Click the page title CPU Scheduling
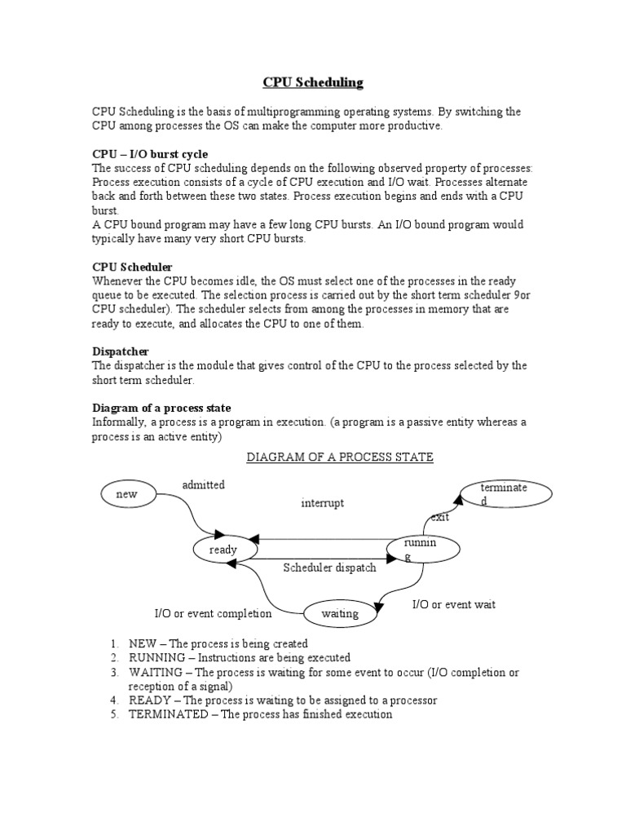click(312, 82)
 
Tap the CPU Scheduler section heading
click(132, 267)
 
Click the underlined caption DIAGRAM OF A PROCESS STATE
click(340, 457)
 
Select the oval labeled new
click(126, 494)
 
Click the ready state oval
click(223, 550)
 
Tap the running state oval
click(421, 549)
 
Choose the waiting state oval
click(340, 614)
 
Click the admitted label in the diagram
click(203, 485)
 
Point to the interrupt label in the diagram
click(322, 503)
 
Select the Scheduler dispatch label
click(329, 568)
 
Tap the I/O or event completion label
click(213, 613)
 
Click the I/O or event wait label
click(453, 604)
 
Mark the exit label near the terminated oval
click(440, 516)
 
